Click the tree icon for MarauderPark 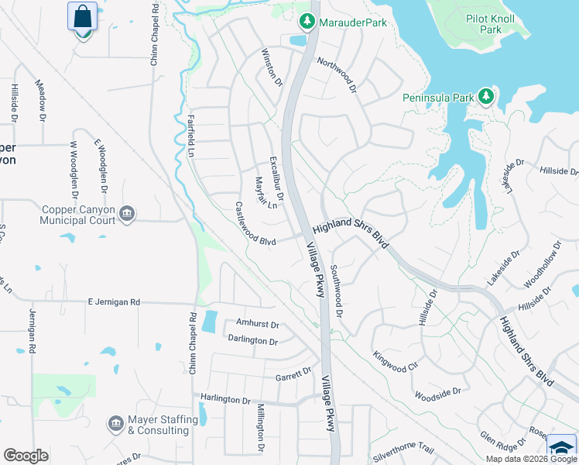[307, 21]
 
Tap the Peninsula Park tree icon [486, 96]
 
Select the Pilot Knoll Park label [495, 23]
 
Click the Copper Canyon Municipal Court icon [128, 213]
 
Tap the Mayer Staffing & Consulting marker [115, 422]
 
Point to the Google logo [26, 456]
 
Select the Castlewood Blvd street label [255, 225]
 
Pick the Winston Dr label [272, 67]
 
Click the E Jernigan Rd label [113, 301]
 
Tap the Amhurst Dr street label [252, 325]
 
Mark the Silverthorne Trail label [403, 449]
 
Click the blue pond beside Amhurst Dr [209, 322]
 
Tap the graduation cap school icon [562, 448]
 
